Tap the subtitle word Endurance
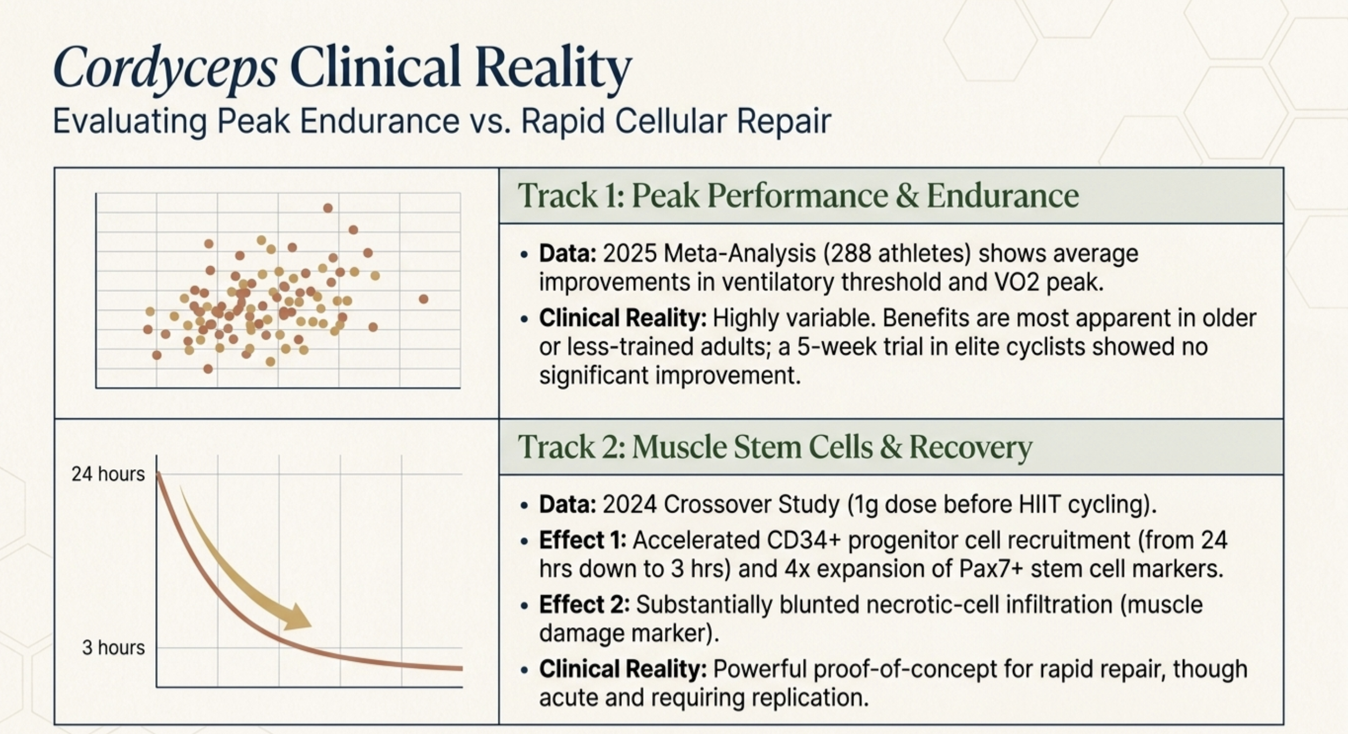click(380, 121)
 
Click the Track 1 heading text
click(798, 195)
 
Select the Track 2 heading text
click(775, 447)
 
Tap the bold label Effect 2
click(584, 604)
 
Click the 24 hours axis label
click(108, 474)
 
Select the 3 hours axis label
click(114, 647)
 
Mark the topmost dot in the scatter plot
click(328, 208)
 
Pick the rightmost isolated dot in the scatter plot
click(424, 299)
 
